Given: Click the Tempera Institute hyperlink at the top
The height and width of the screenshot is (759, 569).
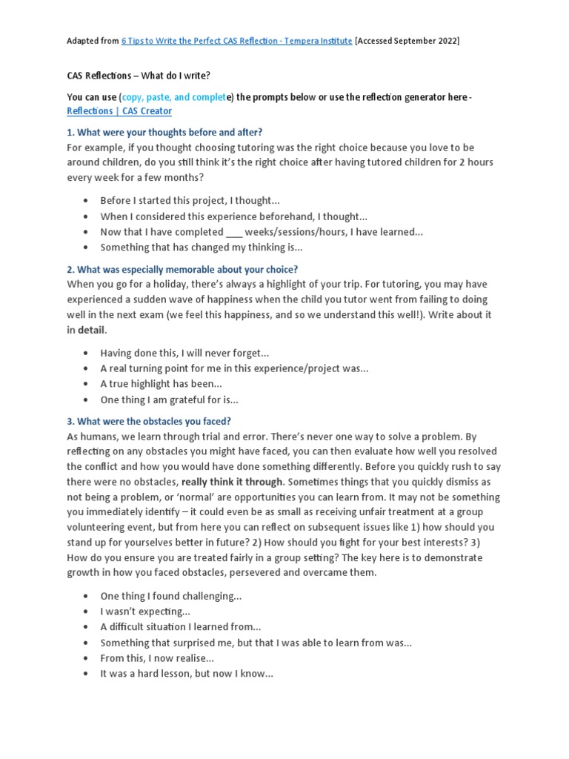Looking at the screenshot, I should point(236,41).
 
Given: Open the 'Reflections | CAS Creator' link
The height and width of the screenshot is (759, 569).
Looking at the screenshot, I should point(119,111).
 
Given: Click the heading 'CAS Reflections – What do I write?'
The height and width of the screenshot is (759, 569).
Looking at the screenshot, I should point(139,76).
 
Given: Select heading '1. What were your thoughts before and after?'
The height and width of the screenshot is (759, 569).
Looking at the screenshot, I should point(164,132).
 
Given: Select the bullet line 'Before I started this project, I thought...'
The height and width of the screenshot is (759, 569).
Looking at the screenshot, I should point(190,200).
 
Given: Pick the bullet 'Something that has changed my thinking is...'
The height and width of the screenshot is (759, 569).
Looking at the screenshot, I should point(201,248).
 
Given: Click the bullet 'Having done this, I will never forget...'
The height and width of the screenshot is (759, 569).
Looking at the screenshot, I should point(184,353).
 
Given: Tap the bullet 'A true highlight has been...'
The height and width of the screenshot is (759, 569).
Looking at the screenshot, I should point(161,384).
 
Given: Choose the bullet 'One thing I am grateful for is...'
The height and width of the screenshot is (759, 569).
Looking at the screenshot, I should point(170,400).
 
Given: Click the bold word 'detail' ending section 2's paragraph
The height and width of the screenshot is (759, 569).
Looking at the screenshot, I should point(92,330).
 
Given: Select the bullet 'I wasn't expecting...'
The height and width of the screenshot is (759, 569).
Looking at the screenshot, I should point(145,611).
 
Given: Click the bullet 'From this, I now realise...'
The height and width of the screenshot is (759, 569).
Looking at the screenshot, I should point(157,658).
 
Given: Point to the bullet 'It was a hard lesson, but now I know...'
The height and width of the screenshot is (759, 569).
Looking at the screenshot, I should point(187,674).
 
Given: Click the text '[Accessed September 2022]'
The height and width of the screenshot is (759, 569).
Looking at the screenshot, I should point(407,41).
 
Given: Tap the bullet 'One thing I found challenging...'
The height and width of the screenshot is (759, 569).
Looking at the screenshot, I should point(171,596).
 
